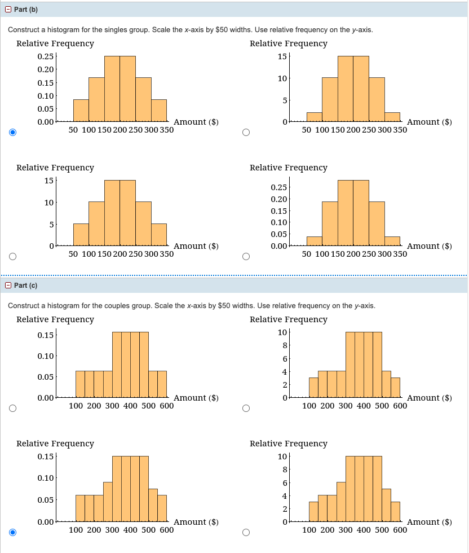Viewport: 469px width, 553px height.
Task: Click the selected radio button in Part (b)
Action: coord(12,133)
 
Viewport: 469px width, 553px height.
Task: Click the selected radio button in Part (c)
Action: coord(12,532)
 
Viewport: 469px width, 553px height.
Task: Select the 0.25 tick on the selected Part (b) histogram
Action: coord(45,56)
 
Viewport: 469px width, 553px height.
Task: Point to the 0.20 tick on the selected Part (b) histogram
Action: coord(45,69)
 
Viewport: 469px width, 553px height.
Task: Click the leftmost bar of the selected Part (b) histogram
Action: coord(81,111)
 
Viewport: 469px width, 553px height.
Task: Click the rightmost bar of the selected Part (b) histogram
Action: coord(159,111)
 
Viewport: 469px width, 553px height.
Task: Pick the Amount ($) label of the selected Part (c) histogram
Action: coord(196,521)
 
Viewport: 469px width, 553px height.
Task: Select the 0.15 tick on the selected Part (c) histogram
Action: coord(45,456)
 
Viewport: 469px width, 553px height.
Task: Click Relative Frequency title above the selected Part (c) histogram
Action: coord(55,444)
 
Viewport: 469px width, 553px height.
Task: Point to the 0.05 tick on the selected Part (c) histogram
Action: coord(45,500)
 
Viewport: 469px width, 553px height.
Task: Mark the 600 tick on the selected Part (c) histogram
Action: coord(166,530)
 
